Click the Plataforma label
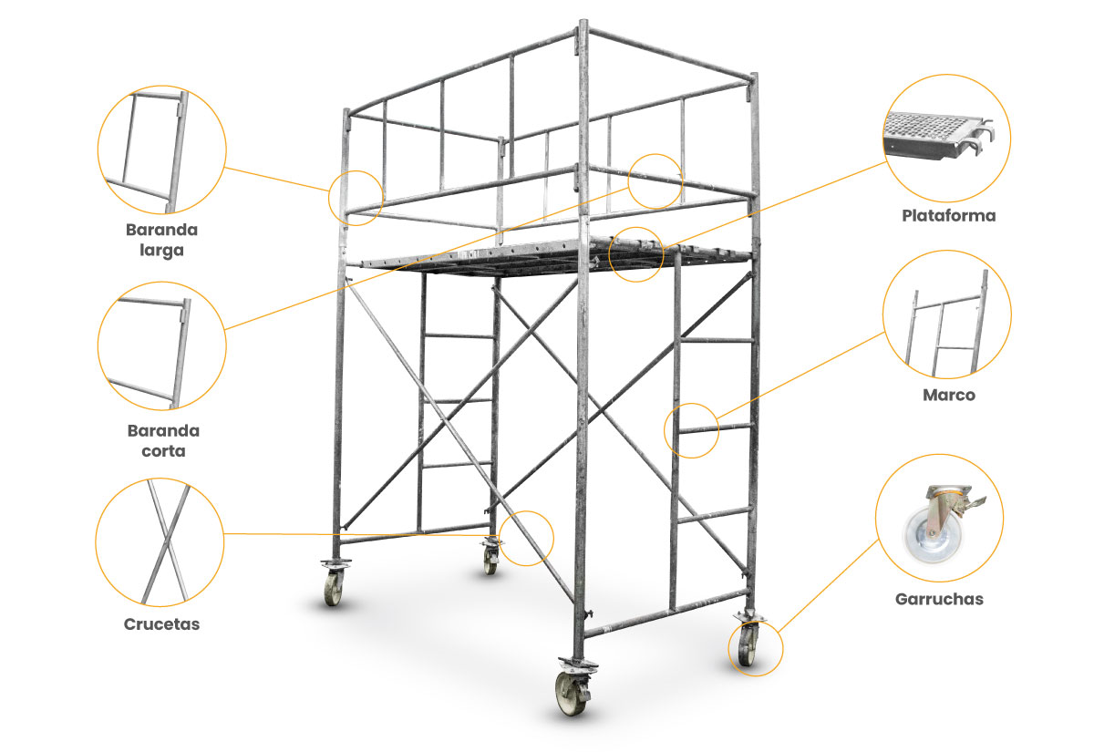(948, 215)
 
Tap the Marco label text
(948, 395)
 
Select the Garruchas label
(939, 599)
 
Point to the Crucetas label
(161, 624)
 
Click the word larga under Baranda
(161, 251)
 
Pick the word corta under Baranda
(163, 450)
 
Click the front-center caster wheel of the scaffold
(573, 694)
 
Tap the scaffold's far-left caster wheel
(333, 589)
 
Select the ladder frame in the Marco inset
(945, 323)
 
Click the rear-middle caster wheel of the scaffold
(490, 561)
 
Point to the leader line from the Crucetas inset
(361, 535)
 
